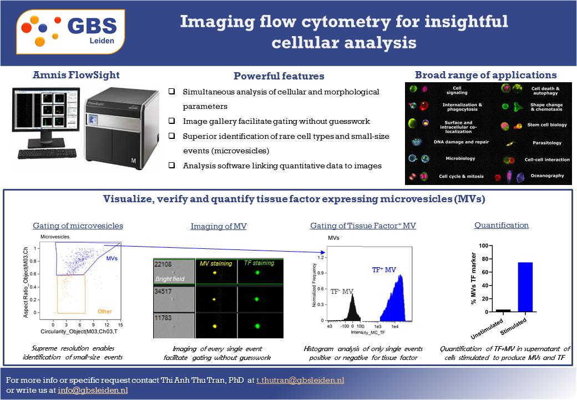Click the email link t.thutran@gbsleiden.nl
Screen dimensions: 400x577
[300, 381]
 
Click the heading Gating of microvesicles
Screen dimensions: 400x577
[78, 226]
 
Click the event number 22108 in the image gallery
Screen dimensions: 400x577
[163, 264]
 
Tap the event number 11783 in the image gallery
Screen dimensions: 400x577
[163, 319]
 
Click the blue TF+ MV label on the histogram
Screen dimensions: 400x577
[384, 270]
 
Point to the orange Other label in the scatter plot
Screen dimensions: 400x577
[104, 312]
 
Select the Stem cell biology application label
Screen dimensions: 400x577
[546, 125]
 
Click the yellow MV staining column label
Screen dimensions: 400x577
[216, 263]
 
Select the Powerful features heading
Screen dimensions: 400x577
[279, 76]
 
